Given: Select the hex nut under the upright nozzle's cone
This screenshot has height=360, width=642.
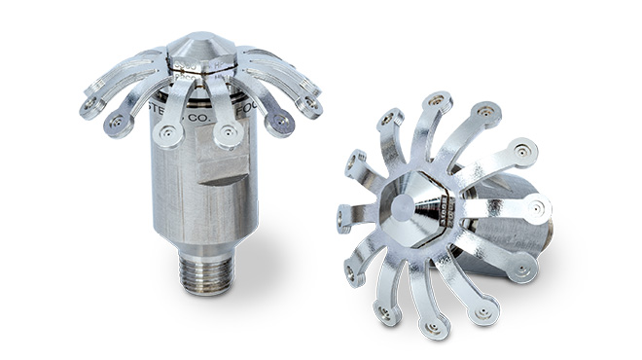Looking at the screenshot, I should click(x=202, y=66).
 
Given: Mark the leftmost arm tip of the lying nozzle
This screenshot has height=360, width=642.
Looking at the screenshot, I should click(x=348, y=215).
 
